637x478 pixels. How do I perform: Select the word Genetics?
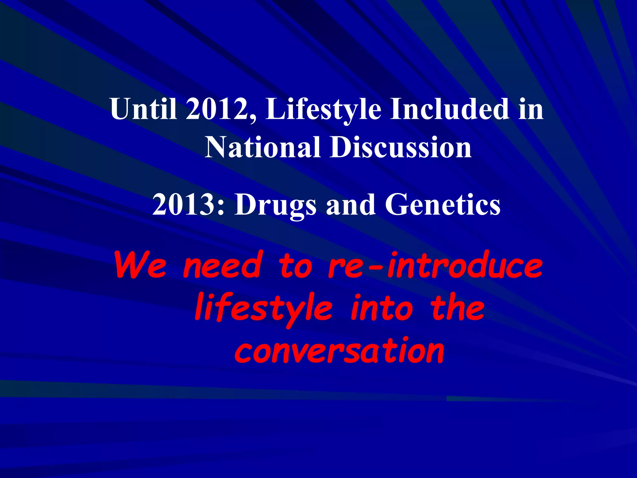click(x=443, y=204)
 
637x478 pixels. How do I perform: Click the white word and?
click(x=351, y=204)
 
